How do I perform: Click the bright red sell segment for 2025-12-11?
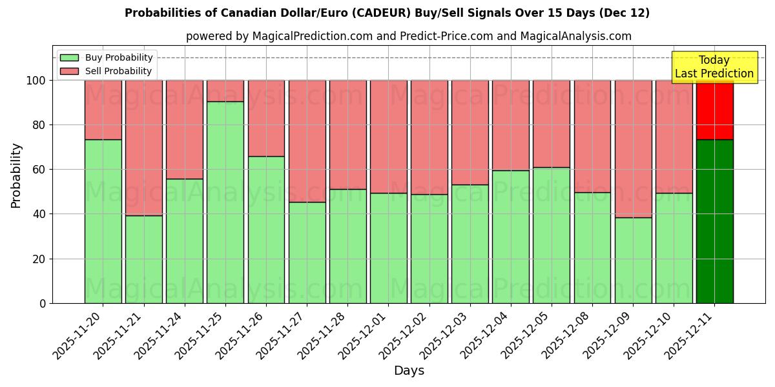click(x=714, y=110)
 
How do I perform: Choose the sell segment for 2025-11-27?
click(x=307, y=141)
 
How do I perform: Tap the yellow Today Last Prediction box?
click(x=714, y=67)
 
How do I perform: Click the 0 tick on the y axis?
click(x=43, y=303)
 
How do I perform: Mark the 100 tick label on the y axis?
click(x=36, y=81)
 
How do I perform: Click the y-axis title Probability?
click(x=16, y=175)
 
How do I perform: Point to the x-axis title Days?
click(x=409, y=371)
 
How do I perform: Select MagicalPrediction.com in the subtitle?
click(x=313, y=36)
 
